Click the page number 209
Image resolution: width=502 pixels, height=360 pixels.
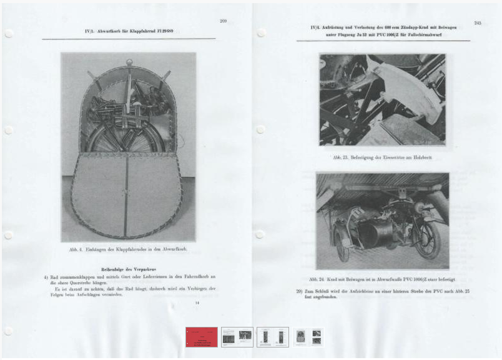click(223, 21)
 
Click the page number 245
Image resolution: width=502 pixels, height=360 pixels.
click(477, 23)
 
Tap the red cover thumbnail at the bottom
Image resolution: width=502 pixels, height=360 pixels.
click(202, 337)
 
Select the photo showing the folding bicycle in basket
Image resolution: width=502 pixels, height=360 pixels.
click(128, 147)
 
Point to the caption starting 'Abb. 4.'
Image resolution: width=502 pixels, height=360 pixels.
click(127, 249)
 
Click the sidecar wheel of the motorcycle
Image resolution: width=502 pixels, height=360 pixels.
click(343, 246)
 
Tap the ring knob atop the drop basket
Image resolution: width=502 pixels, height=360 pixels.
click(129, 61)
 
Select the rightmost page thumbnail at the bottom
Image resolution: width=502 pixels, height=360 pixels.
click(308, 337)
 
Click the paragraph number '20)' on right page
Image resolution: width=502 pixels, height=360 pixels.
click(300, 291)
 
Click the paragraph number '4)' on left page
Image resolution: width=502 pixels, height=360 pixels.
click(46, 276)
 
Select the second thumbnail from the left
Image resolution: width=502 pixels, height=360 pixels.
click(237, 337)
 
